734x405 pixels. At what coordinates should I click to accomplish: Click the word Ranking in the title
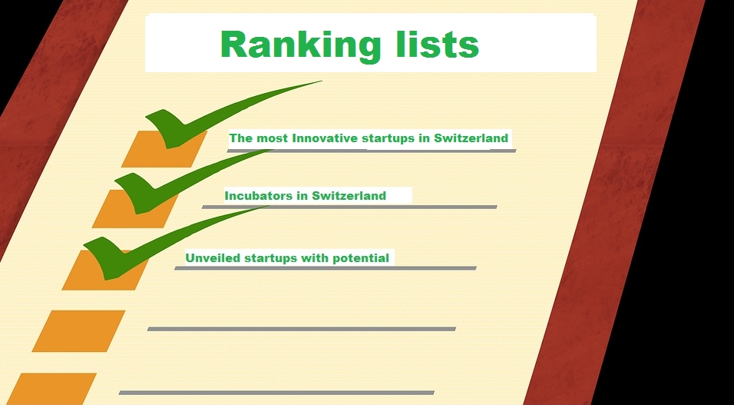300,46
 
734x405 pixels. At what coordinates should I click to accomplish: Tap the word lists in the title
437,44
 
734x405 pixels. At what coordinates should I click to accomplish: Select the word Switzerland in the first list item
471,138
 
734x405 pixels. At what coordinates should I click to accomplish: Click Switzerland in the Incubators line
349,195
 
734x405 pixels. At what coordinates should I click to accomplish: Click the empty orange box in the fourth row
78,331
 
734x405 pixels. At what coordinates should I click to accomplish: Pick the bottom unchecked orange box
51,389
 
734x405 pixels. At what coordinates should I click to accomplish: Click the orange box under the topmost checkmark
164,150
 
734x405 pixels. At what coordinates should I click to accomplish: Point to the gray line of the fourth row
302,329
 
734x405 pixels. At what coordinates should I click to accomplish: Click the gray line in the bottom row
276,393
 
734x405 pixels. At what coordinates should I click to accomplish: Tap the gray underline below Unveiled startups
326,268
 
